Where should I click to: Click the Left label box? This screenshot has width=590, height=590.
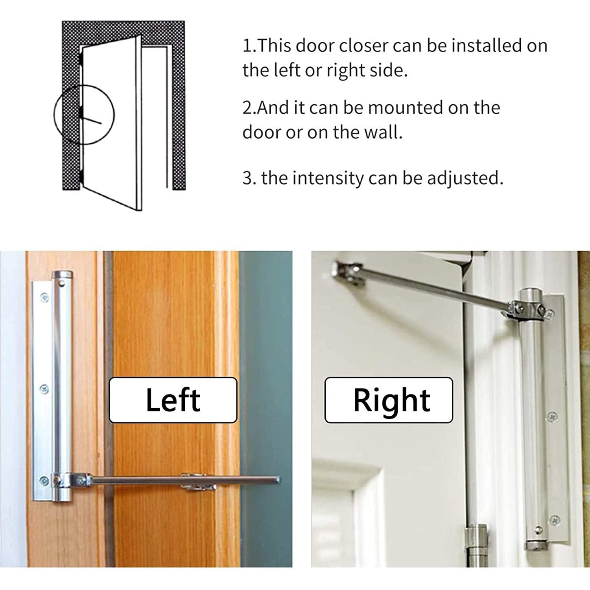click(173, 400)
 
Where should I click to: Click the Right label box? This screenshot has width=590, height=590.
click(389, 400)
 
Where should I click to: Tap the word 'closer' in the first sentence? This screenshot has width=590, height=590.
click(363, 46)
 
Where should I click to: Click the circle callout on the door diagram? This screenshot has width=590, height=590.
click(84, 114)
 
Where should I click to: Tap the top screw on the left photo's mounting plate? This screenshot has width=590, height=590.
click(44, 298)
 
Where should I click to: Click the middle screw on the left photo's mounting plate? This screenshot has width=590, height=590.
click(44, 389)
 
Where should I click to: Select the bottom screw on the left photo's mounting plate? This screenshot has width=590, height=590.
click(44, 480)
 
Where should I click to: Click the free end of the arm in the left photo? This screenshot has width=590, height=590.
click(277, 480)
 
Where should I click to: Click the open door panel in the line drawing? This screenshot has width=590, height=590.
click(111, 122)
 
